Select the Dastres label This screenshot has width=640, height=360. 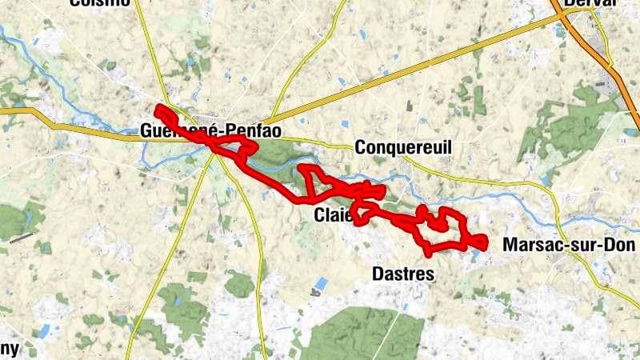pos(403,274)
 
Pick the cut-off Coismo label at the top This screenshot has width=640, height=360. pos(99,3)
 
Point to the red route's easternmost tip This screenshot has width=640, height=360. pos(485,240)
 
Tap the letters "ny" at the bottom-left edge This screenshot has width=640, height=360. pos(9,350)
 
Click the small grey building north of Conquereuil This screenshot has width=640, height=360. pos(409,105)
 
